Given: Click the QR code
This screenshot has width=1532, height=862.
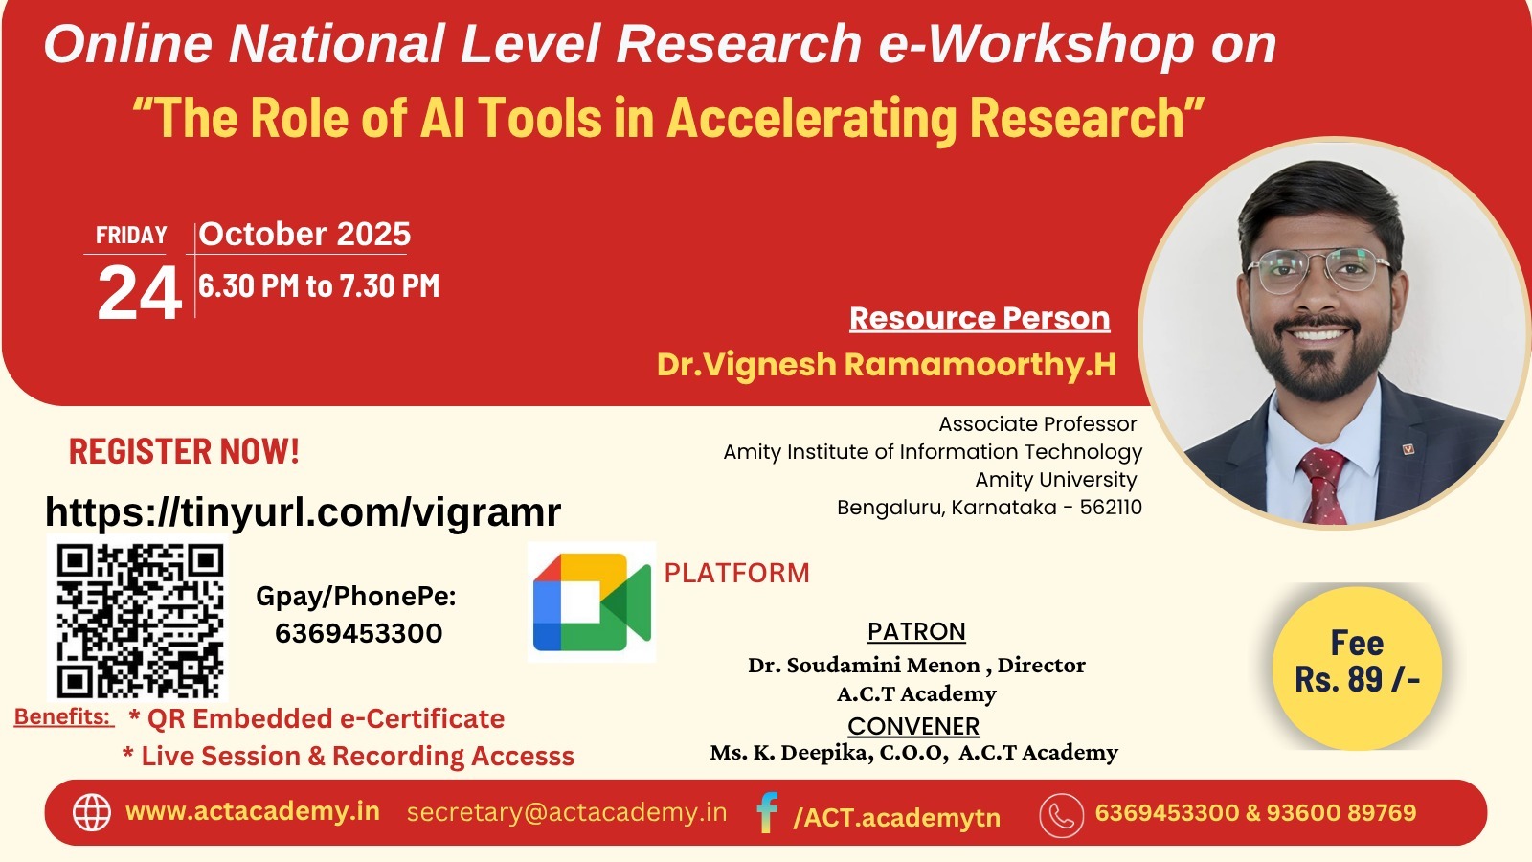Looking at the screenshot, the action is (138, 619).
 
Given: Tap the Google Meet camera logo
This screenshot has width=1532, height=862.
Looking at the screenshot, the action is (592, 602).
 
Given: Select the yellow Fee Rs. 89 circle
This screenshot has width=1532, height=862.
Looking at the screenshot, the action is (1357, 668).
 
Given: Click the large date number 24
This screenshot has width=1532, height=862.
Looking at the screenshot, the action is (140, 293).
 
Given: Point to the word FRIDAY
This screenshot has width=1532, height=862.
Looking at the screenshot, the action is (131, 236).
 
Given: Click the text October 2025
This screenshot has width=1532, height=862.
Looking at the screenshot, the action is (304, 234).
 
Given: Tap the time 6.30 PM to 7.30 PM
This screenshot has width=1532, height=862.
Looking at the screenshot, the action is (319, 286).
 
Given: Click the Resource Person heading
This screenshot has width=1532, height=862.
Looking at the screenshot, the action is (980, 318).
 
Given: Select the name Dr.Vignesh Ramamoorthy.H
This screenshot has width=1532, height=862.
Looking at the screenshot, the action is (887, 364).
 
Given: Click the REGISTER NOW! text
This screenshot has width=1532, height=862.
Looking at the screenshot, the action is (184, 451).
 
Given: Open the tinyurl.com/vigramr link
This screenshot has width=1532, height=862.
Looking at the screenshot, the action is (303, 511).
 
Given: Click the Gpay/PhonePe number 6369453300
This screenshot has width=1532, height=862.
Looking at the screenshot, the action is (358, 633).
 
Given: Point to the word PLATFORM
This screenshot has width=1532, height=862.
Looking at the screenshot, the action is (736, 574).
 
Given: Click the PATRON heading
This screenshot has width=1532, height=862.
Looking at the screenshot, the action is (916, 631).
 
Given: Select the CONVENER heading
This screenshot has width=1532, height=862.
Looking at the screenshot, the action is (913, 726).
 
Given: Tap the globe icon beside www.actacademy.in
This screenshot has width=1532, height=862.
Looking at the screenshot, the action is (92, 813).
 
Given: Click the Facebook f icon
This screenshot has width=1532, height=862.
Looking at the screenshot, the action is (767, 813).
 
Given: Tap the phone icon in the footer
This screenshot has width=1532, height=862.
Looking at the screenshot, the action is (1062, 815).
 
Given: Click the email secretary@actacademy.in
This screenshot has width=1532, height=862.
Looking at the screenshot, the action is (566, 812).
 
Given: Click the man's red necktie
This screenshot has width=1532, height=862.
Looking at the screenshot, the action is (1323, 485).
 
